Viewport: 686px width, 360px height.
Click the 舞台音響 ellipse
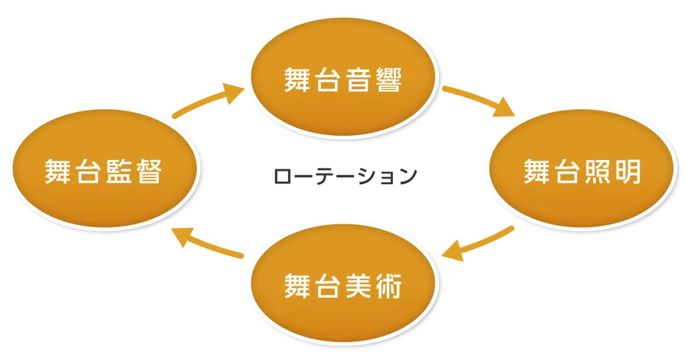[x=342, y=79]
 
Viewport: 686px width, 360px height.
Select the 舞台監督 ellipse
[x=104, y=171]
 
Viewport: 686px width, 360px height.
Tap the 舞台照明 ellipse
[x=581, y=171]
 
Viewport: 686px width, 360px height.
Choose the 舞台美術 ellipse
[x=342, y=286]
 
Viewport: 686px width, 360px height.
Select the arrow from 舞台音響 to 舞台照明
[x=479, y=101]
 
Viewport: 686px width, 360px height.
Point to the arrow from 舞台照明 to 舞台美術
[x=477, y=243]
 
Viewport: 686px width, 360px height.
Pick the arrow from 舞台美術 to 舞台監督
[x=207, y=243]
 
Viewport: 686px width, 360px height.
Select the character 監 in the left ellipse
[x=119, y=172]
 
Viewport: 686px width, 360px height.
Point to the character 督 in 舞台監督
[x=149, y=172]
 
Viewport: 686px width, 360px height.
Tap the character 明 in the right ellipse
[x=627, y=172]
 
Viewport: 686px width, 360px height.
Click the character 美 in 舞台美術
[x=358, y=286]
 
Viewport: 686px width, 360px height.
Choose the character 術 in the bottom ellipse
[x=388, y=286]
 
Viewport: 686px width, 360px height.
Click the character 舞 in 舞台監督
[x=59, y=172]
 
